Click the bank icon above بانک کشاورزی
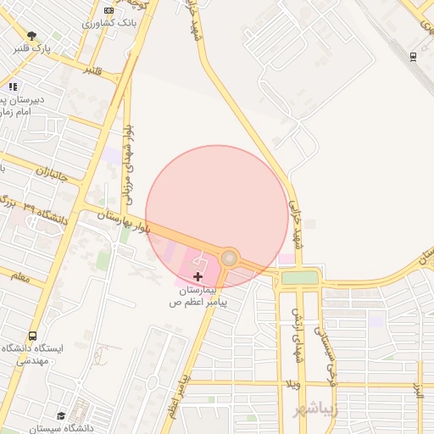(108, 10)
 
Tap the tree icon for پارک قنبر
(31, 36)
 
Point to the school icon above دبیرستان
(12, 86)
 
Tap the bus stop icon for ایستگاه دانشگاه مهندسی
(33, 336)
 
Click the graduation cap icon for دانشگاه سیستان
(61, 415)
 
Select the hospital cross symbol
(198, 276)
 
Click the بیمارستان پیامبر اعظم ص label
(199, 296)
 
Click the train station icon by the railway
(413, 57)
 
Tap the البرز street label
(419, 392)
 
